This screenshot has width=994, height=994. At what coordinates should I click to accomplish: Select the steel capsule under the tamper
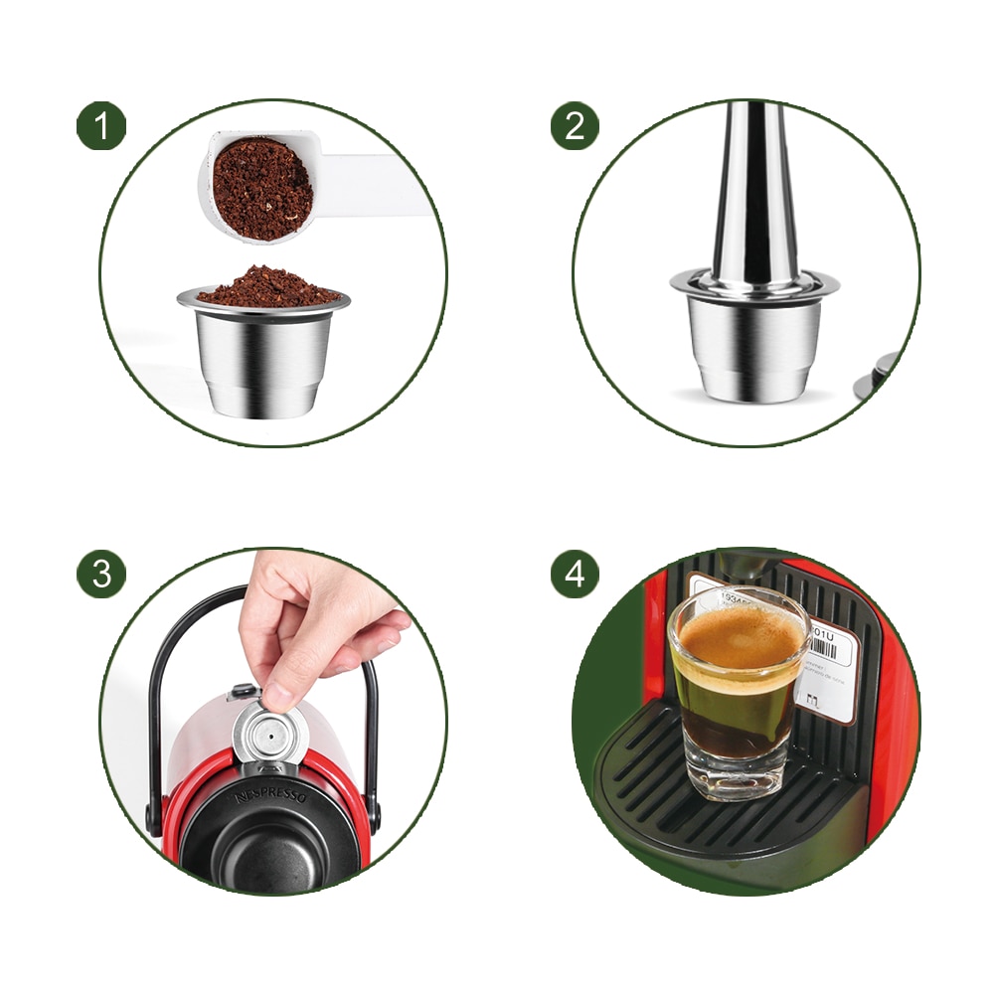(x=754, y=343)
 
